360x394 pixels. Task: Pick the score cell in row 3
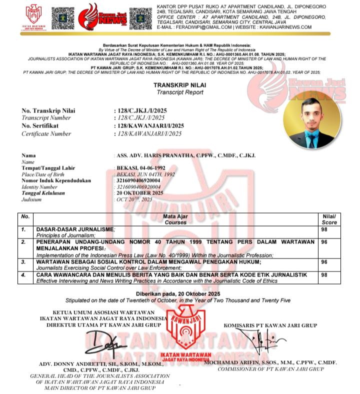[x=324, y=261]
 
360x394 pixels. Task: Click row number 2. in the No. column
[x=23, y=242]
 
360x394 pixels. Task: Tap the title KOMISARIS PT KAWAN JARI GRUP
[x=270, y=325]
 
